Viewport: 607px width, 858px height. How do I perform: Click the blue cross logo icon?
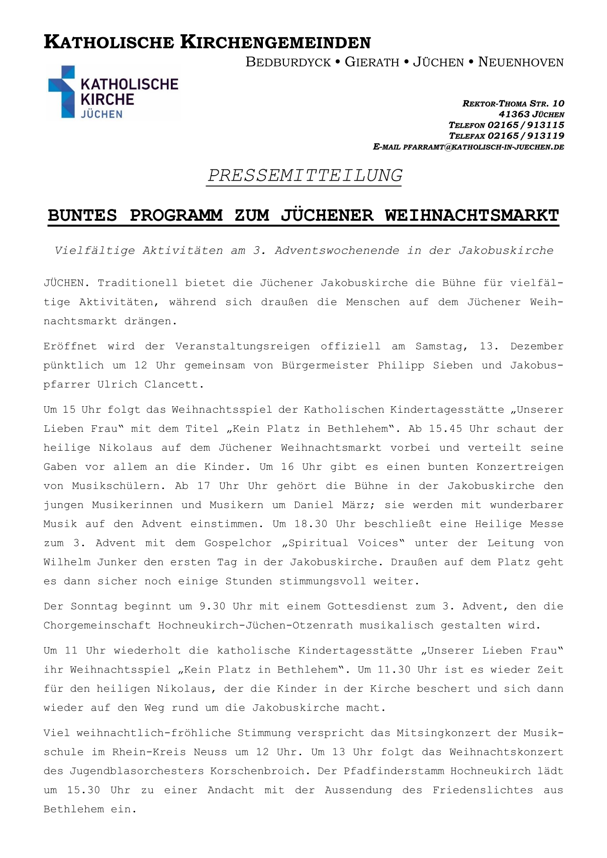pyautogui.click(x=62, y=92)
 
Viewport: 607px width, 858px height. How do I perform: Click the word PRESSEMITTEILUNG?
pyautogui.click(x=304, y=175)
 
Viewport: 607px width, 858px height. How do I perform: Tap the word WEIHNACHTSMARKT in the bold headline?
pyautogui.click(x=471, y=215)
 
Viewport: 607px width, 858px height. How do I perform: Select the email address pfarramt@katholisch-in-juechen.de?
pyautogui.click(x=483, y=147)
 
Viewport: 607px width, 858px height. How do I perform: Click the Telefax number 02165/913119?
pyautogui.click(x=526, y=136)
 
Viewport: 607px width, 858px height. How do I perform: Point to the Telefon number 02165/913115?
pyautogui.click(x=526, y=125)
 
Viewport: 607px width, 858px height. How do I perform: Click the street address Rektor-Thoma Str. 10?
pyautogui.click(x=513, y=104)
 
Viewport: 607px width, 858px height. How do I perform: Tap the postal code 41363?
pyautogui.click(x=514, y=115)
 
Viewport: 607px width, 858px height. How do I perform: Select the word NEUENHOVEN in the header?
pyautogui.click(x=521, y=62)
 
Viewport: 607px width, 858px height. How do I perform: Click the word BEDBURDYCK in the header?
pyautogui.click(x=288, y=62)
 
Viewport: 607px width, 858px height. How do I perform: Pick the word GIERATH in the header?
pyautogui.click(x=372, y=62)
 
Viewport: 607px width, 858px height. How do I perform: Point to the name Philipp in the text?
pyautogui.click(x=400, y=366)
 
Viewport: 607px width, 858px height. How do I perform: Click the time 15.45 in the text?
pyautogui.click(x=445, y=429)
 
